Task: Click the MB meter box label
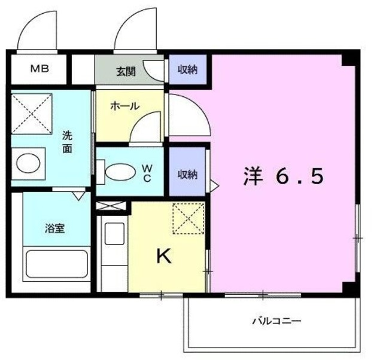click(40, 69)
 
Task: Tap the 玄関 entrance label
click(126, 72)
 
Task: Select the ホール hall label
click(125, 106)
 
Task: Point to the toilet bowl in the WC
click(121, 172)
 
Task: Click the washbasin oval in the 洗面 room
click(28, 163)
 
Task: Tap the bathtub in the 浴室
click(57, 264)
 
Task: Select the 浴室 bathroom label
click(54, 228)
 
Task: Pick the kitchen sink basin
click(114, 234)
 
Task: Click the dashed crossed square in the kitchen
click(189, 218)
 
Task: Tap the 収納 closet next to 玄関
click(187, 70)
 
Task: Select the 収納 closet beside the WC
click(187, 172)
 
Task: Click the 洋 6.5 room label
click(284, 176)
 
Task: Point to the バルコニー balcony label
click(276, 320)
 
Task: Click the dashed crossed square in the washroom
click(32, 114)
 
